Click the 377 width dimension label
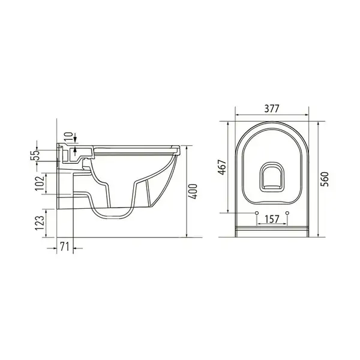coord(272,109)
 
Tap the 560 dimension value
coord(325,179)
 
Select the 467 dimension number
coord(222,167)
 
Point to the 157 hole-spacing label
coord(272,219)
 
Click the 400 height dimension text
coord(193,191)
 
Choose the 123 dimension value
coord(40,223)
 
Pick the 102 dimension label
coord(40,183)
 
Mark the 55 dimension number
coord(35,155)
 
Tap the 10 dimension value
coord(69,137)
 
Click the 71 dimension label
coord(65,247)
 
